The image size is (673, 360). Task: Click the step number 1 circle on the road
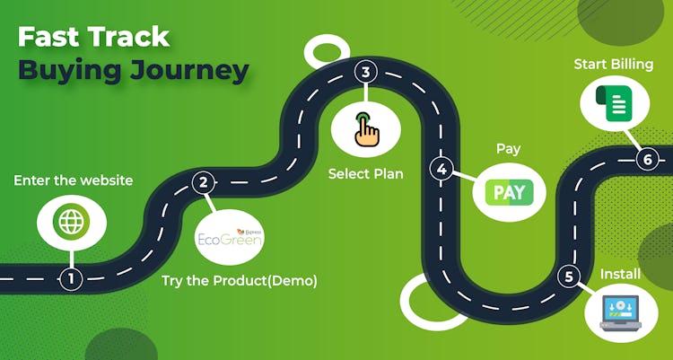click(72, 278)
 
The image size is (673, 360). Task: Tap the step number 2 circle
click(204, 183)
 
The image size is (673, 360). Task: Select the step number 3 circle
click(364, 72)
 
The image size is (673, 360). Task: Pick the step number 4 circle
click(441, 168)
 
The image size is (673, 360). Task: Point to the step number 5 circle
click(568, 277)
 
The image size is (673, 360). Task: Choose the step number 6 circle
click(647, 160)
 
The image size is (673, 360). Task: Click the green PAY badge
click(509, 192)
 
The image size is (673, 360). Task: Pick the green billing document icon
click(616, 103)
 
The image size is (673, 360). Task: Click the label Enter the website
click(73, 180)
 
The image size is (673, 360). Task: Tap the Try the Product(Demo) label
click(240, 281)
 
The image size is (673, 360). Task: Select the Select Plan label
click(365, 173)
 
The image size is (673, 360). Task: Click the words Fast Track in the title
click(93, 36)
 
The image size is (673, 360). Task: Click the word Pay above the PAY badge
click(508, 148)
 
